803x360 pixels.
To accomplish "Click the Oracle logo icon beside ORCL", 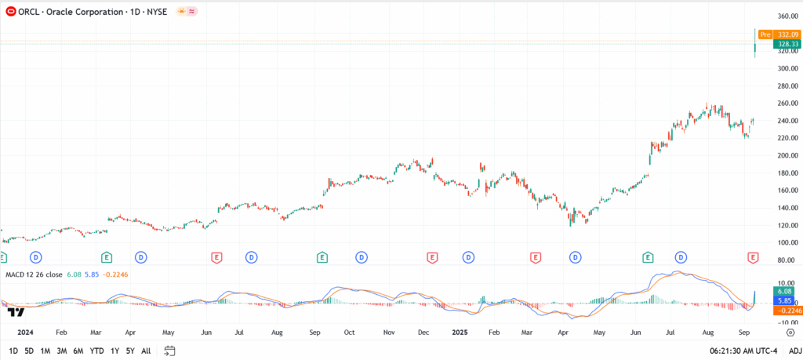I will coord(10,12).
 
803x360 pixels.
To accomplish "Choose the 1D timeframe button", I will coord(13,351).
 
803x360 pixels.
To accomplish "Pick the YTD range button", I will coord(96,351).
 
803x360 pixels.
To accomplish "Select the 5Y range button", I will coord(130,351).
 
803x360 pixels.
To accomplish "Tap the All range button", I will coord(146,351).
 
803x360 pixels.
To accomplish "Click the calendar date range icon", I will coord(169,351).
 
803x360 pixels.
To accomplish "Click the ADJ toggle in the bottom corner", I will coord(794,351).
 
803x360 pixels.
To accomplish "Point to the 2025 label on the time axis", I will coord(460,332).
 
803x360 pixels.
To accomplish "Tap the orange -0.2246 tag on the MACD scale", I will coord(785,311).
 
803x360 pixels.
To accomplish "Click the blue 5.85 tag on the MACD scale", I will coord(785,301).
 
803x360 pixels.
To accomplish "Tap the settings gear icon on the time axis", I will coord(789,332).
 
